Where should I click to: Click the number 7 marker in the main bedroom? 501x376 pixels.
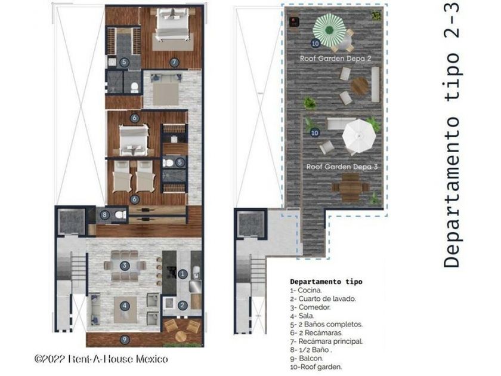pyautogui.click(x=174, y=62)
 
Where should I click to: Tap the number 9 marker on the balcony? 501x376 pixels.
pyautogui.click(x=125, y=340)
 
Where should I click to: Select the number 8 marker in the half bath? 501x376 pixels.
pyautogui.click(x=104, y=215)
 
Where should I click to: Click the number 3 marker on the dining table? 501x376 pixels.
pyautogui.click(x=125, y=266)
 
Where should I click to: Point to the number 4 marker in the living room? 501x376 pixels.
pyautogui.click(x=125, y=306)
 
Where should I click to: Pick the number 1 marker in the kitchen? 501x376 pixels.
pyautogui.click(x=183, y=274)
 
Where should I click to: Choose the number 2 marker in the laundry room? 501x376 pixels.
pyautogui.click(x=183, y=306)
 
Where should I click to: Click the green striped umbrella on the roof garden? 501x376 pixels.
pyautogui.click(x=329, y=30)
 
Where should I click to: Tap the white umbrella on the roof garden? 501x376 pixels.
pyautogui.click(x=359, y=135)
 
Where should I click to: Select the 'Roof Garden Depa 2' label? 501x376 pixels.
pyautogui.click(x=335, y=58)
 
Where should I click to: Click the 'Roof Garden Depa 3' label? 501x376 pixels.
pyautogui.click(x=342, y=167)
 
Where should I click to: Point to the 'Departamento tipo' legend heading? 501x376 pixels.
pyautogui.click(x=326, y=282)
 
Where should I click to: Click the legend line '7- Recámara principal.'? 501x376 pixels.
pyautogui.click(x=326, y=341)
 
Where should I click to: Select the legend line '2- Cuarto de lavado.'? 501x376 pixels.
pyautogui.click(x=323, y=299)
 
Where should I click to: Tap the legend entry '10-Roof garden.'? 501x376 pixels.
pyautogui.click(x=316, y=367)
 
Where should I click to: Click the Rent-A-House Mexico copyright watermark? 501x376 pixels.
pyautogui.click(x=101, y=359)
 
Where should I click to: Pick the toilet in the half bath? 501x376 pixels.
pyautogui.click(x=120, y=214)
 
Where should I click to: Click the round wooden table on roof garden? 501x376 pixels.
pyautogui.click(x=360, y=86)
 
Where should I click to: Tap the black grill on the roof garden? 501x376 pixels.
pyautogui.click(x=294, y=22)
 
